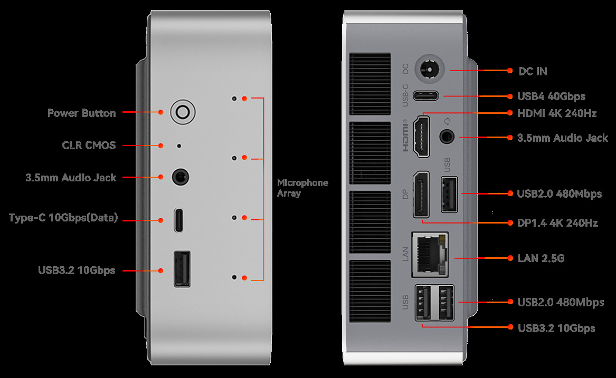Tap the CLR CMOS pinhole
tap(179, 146)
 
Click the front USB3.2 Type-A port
tap(182, 269)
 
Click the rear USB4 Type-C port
tap(427, 96)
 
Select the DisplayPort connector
tap(421, 194)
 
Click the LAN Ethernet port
tap(429, 254)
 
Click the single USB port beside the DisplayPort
tap(449, 195)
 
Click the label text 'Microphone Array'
tap(302, 188)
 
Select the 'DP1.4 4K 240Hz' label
tap(557, 223)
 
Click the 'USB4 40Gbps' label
tap(551, 96)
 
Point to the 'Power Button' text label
tap(81, 113)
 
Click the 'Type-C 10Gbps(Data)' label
tap(63, 218)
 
